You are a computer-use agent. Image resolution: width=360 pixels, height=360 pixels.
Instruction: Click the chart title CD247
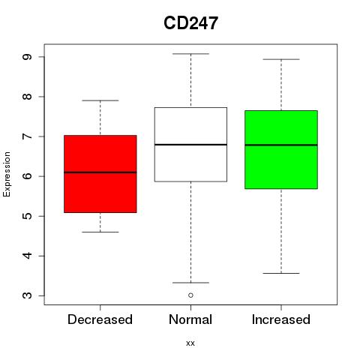click(190, 23)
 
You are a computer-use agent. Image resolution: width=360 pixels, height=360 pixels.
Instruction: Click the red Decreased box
click(100, 174)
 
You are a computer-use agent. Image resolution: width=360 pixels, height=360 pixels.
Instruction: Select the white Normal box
click(190, 145)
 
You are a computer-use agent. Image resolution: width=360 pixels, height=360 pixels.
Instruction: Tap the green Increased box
click(281, 149)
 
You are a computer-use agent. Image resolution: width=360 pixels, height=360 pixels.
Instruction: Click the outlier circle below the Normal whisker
click(190, 295)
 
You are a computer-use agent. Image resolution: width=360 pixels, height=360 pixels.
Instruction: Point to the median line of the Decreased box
click(100, 172)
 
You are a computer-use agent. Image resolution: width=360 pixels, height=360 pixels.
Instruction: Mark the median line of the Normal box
click(190, 145)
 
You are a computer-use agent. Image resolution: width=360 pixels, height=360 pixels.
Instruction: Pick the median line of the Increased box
click(281, 145)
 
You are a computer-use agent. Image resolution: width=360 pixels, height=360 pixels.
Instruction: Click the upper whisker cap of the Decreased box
click(100, 100)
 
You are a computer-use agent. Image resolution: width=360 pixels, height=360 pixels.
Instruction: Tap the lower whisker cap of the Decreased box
click(100, 232)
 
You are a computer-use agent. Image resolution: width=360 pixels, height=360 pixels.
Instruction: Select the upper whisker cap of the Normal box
click(190, 54)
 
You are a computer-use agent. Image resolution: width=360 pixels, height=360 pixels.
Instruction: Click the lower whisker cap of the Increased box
click(281, 273)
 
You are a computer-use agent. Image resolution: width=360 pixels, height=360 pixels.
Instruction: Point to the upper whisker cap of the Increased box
click(281, 59)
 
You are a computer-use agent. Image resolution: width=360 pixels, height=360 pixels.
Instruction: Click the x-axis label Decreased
click(100, 319)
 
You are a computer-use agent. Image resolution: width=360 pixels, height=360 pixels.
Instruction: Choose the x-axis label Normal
click(190, 319)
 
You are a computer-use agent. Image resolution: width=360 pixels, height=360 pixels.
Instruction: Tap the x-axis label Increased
click(281, 319)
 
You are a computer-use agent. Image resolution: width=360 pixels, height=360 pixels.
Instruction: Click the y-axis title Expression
click(7, 174)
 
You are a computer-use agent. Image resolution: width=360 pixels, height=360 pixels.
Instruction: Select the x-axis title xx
click(190, 343)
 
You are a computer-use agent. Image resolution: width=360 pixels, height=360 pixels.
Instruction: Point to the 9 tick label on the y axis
click(27, 57)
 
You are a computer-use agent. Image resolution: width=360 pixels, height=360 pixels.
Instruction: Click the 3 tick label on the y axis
click(27, 295)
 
